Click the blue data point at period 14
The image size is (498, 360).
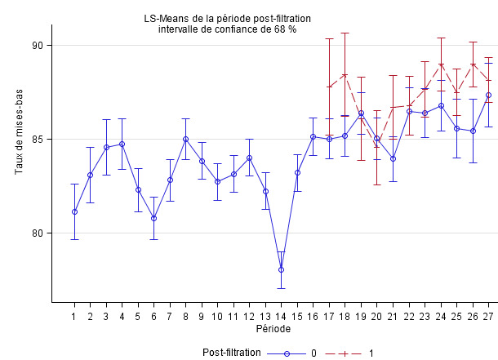coord(281,269)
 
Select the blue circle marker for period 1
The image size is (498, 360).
coord(74,211)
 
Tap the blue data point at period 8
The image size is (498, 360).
coord(186,139)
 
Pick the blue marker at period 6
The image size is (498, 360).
coord(153,218)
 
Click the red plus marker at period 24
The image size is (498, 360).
coord(441,64)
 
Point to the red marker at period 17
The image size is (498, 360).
coord(329,87)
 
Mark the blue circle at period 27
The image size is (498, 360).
coord(489,95)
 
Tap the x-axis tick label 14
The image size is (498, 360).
coord(281,316)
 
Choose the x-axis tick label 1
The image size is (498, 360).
coord(74,316)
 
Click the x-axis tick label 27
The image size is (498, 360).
coord(488,316)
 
